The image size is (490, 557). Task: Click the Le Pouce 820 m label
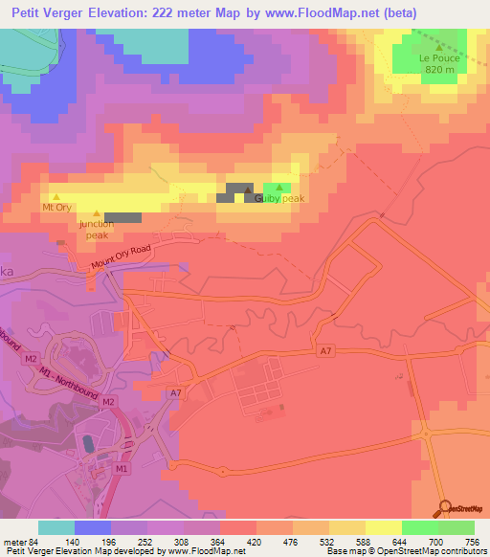(439, 63)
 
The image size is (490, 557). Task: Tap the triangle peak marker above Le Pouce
(439, 46)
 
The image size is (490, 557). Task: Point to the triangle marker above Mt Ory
(56, 196)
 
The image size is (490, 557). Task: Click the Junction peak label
(96, 229)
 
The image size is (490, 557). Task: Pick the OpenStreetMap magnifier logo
(446, 508)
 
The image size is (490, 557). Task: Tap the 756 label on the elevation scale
(473, 541)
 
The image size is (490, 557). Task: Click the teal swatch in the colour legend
(56, 527)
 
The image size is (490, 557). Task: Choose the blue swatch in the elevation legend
(92, 527)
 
